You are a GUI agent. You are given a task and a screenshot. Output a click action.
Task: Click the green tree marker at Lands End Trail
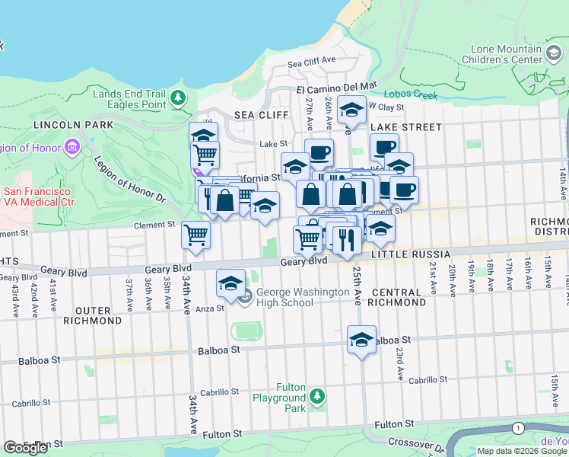[x=178, y=97]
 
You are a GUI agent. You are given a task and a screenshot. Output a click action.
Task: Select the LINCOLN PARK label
[x=72, y=124]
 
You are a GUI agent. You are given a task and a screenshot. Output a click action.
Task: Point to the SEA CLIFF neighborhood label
[x=261, y=115]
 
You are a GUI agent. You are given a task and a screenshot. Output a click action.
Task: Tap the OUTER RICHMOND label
[x=98, y=315]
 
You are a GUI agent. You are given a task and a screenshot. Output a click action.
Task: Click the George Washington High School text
[x=284, y=297]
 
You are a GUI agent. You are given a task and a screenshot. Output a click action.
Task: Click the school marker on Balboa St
[x=362, y=340]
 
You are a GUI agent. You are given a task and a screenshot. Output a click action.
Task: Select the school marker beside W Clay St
[x=351, y=111]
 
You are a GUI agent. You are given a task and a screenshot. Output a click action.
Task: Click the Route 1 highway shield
[x=518, y=429]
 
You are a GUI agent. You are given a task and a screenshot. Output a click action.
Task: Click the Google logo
[x=25, y=448]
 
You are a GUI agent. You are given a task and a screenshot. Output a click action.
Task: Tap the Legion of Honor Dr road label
[x=129, y=181]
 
